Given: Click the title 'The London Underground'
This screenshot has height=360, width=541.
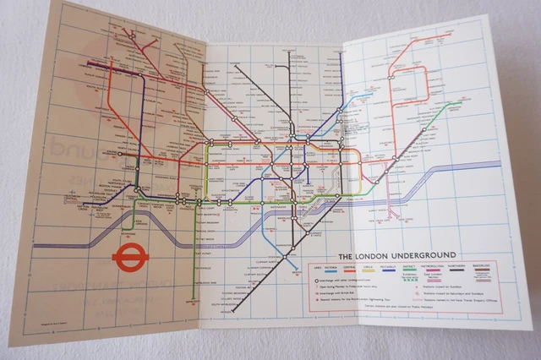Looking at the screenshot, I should [397, 254].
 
